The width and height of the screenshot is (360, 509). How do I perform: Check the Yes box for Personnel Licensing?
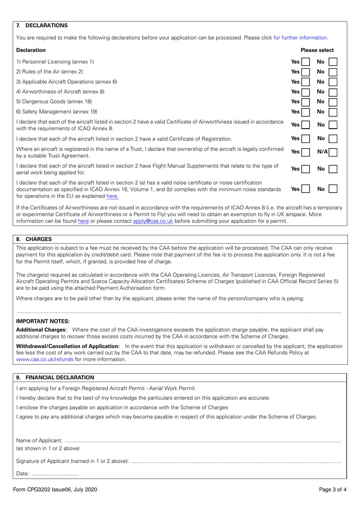(x=305, y=62)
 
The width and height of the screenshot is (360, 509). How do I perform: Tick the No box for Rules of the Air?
(x=333, y=72)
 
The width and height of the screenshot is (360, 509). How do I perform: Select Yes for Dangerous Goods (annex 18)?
(x=305, y=102)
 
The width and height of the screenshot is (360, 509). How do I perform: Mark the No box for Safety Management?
(x=333, y=112)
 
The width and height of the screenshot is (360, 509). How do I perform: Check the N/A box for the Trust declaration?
(x=333, y=152)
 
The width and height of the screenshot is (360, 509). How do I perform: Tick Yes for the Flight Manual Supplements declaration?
(x=305, y=169)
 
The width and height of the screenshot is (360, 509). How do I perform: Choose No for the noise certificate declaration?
(x=333, y=189)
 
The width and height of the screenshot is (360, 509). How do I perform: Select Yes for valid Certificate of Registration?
(x=305, y=139)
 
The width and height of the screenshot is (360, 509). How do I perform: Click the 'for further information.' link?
(x=301, y=38)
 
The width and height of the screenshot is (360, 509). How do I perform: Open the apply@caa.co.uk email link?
(x=153, y=221)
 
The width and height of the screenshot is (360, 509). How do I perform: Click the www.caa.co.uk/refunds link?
(x=45, y=359)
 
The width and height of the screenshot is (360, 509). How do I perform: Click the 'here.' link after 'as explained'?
(x=112, y=196)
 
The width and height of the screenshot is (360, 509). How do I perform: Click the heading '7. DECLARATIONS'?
(x=42, y=25)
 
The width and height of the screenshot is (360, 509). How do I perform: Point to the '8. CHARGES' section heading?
(x=34, y=239)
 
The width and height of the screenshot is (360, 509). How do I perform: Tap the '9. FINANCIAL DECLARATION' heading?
(x=55, y=377)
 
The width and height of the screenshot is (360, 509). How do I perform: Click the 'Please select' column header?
(x=317, y=50)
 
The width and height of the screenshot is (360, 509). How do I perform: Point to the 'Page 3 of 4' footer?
(x=332, y=489)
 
